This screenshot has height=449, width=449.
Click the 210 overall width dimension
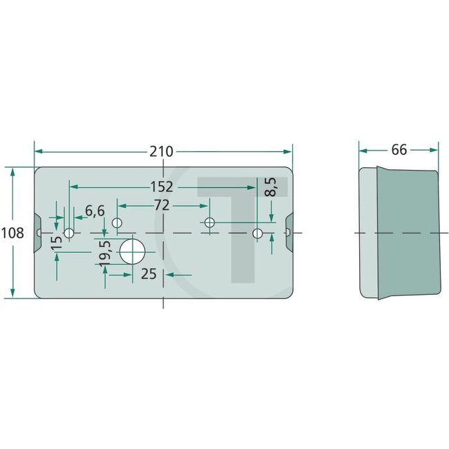coord(163,151)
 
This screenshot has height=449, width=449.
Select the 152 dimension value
coord(163,187)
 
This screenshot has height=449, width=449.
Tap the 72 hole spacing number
coord(162,205)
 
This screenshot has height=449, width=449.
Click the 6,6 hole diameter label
coord(95,211)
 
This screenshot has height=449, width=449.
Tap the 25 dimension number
coord(149,274)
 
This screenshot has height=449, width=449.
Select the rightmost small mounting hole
coord(258,233)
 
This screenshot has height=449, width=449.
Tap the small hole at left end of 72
coord(117,222)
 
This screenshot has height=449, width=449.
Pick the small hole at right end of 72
coord(209,222)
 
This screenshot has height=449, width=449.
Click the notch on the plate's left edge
coord(39,224)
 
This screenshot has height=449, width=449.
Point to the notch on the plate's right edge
coord(289,224)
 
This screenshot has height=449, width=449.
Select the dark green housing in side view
coord(408,233)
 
